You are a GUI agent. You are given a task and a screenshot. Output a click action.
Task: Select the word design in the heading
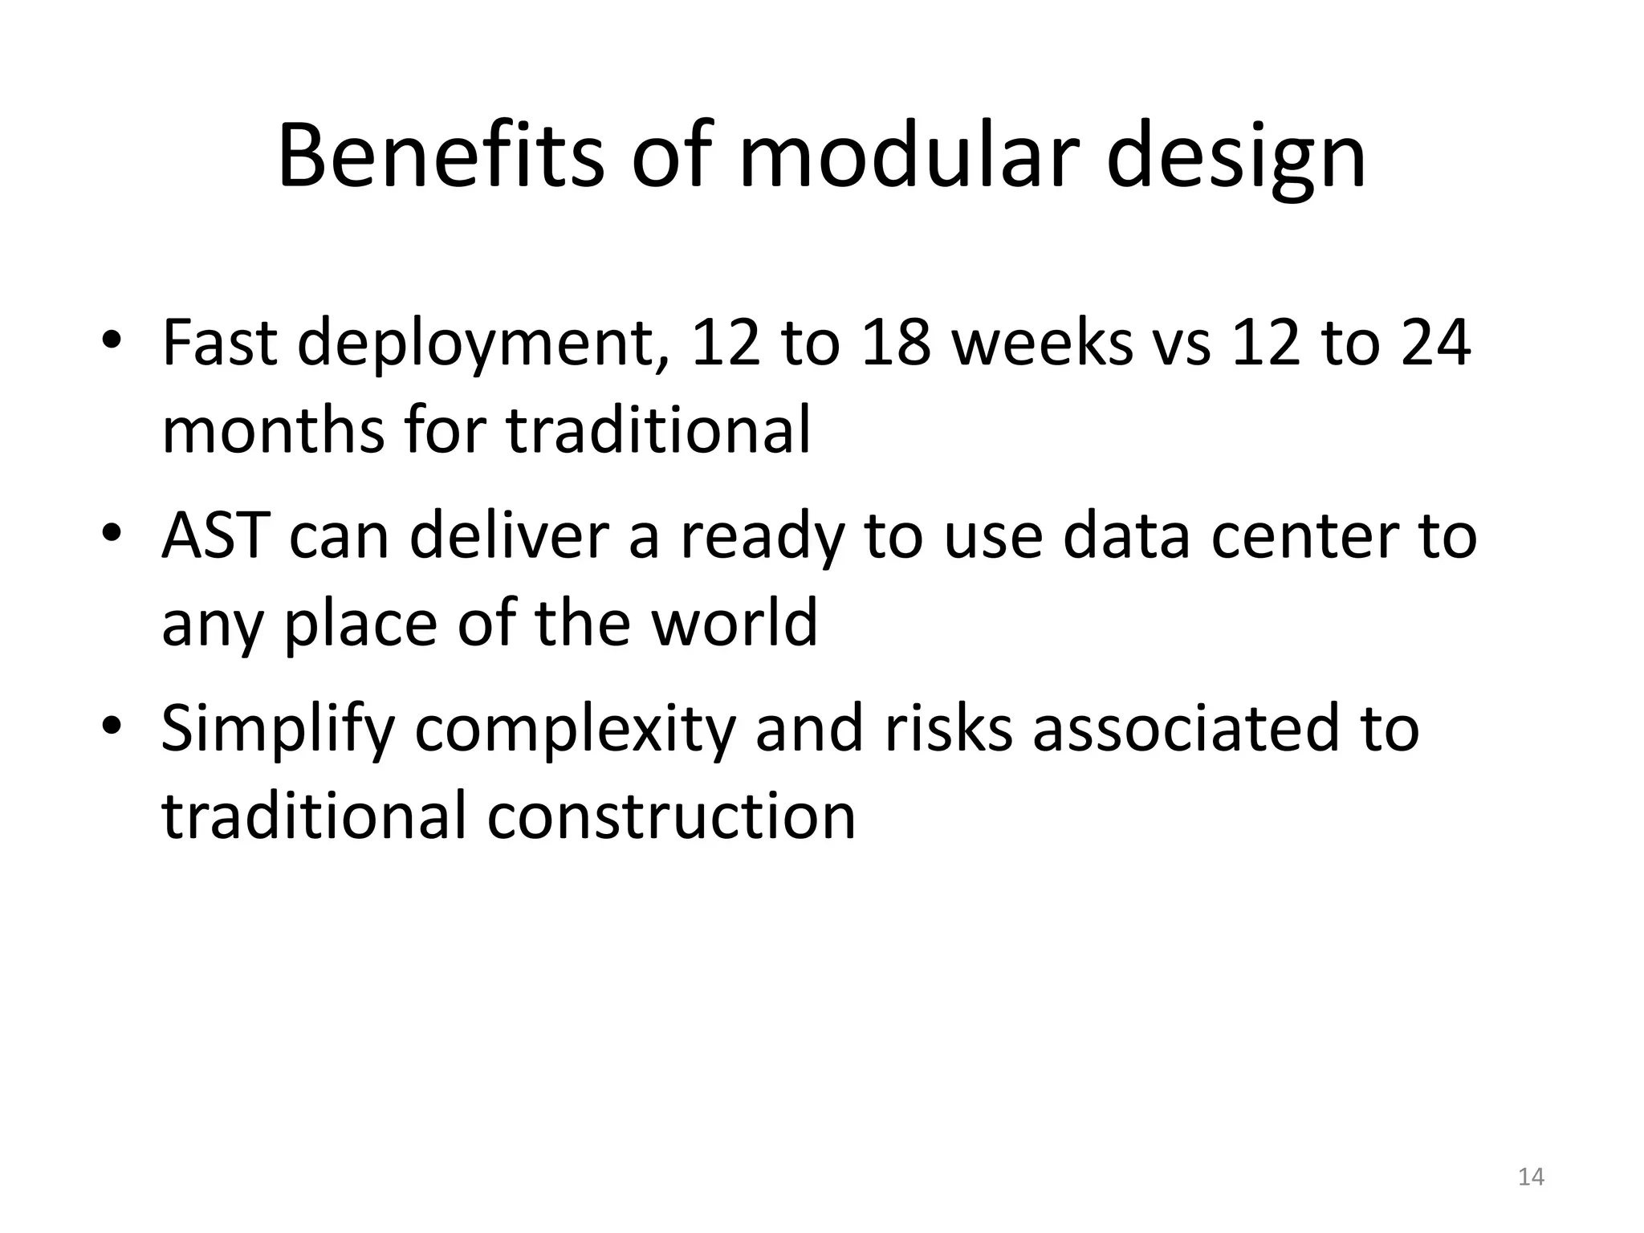[x=1235, y=161]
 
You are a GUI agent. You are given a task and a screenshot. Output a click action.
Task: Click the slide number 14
[x=1531, y=1177]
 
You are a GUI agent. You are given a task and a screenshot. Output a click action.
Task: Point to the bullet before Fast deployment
[x=112, y=342]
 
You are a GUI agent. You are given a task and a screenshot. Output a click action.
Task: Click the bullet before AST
[x=112, y=535]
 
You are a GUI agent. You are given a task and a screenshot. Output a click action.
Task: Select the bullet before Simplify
[x=112, y=727]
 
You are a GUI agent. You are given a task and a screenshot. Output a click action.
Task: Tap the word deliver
[x=509, y=535]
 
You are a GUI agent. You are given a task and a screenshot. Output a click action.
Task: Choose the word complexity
[x=575, y=730]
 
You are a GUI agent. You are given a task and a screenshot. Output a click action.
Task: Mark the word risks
[x=948, y=727]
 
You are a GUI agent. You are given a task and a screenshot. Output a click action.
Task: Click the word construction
[x=671, y=816]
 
